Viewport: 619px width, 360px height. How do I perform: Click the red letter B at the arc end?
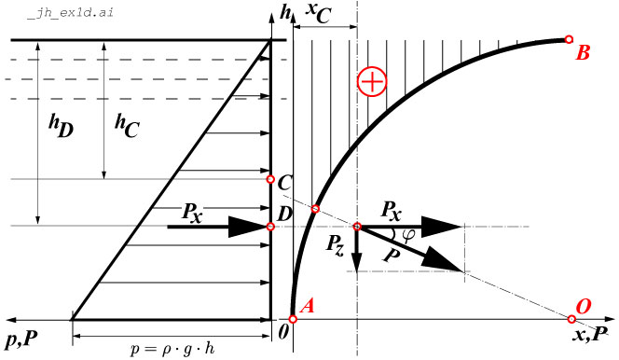[583, 53]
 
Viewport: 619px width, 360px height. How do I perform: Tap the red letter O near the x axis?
[585, 307]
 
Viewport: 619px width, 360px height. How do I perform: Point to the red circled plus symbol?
[371, 82]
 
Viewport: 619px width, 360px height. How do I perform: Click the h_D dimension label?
[62, 126]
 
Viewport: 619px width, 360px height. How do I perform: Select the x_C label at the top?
[318, 13]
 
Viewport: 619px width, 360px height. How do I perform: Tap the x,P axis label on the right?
[592, 335]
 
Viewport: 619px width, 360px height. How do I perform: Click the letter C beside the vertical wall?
[285, 183]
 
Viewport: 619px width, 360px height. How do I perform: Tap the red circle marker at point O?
[574, 319]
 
